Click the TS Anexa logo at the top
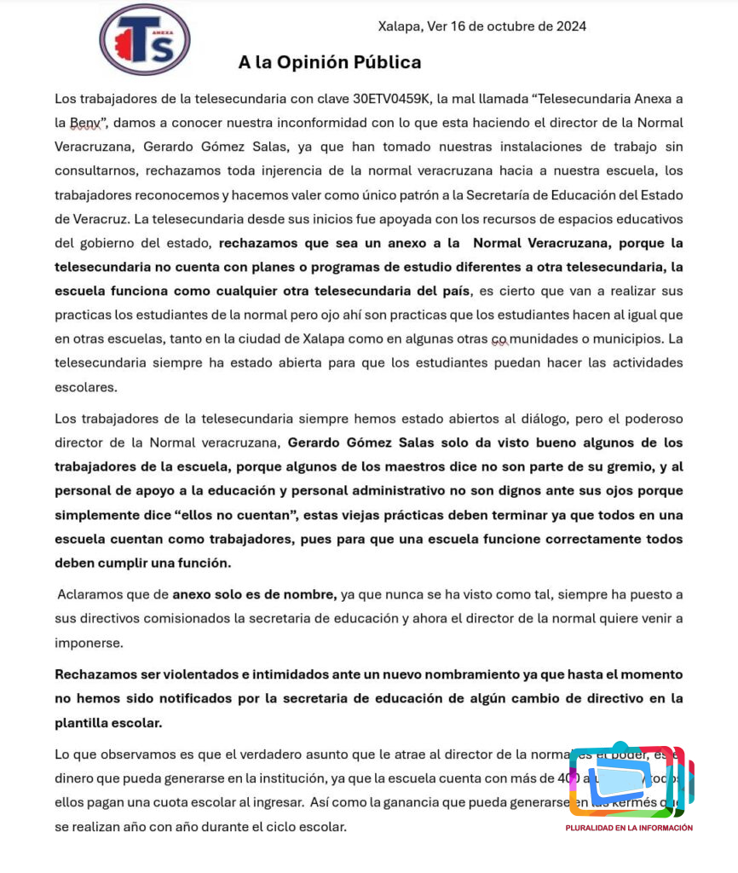pyautogui.click(x=144, y=40)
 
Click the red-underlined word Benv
pyautogui.click(x=84, y=123)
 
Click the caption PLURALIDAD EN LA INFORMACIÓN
pyautogui.click(x=629, y=828)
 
